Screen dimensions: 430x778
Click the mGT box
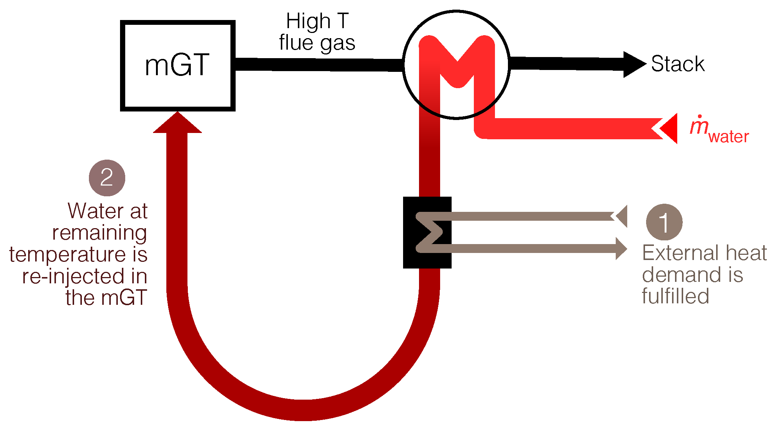pyautogui.click(x=177, y=66)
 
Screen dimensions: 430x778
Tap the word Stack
pyautogui.click(x=678, y=64)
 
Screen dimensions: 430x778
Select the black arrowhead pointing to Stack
pyautogui.click(x=634, y=64)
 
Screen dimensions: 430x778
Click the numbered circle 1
pyautogui.click(x=664, y=222)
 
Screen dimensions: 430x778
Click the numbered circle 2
pyautogui.click(x=107, y=178)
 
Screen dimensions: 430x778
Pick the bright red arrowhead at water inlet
pyautogui.click(x=669, y=128)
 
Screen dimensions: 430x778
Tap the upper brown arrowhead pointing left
pyautogui.click(x=621, y=216)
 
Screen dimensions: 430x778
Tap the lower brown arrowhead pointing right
pyautogui.click(x=621, y=249)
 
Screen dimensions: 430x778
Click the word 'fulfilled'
pyautogui.click(x=675, y=296)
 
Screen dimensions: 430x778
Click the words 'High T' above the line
pyautogui.click(x=317, y=21)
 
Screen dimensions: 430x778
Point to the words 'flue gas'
pyautogui.click(x=317, y=43)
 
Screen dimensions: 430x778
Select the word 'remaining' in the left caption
pyautogui.click(x=100, y=233)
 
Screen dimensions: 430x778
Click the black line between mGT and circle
pyautogui.click(x=319, y=64)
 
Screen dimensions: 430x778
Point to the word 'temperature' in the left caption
pyautogui.click(x=67, y=255)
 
